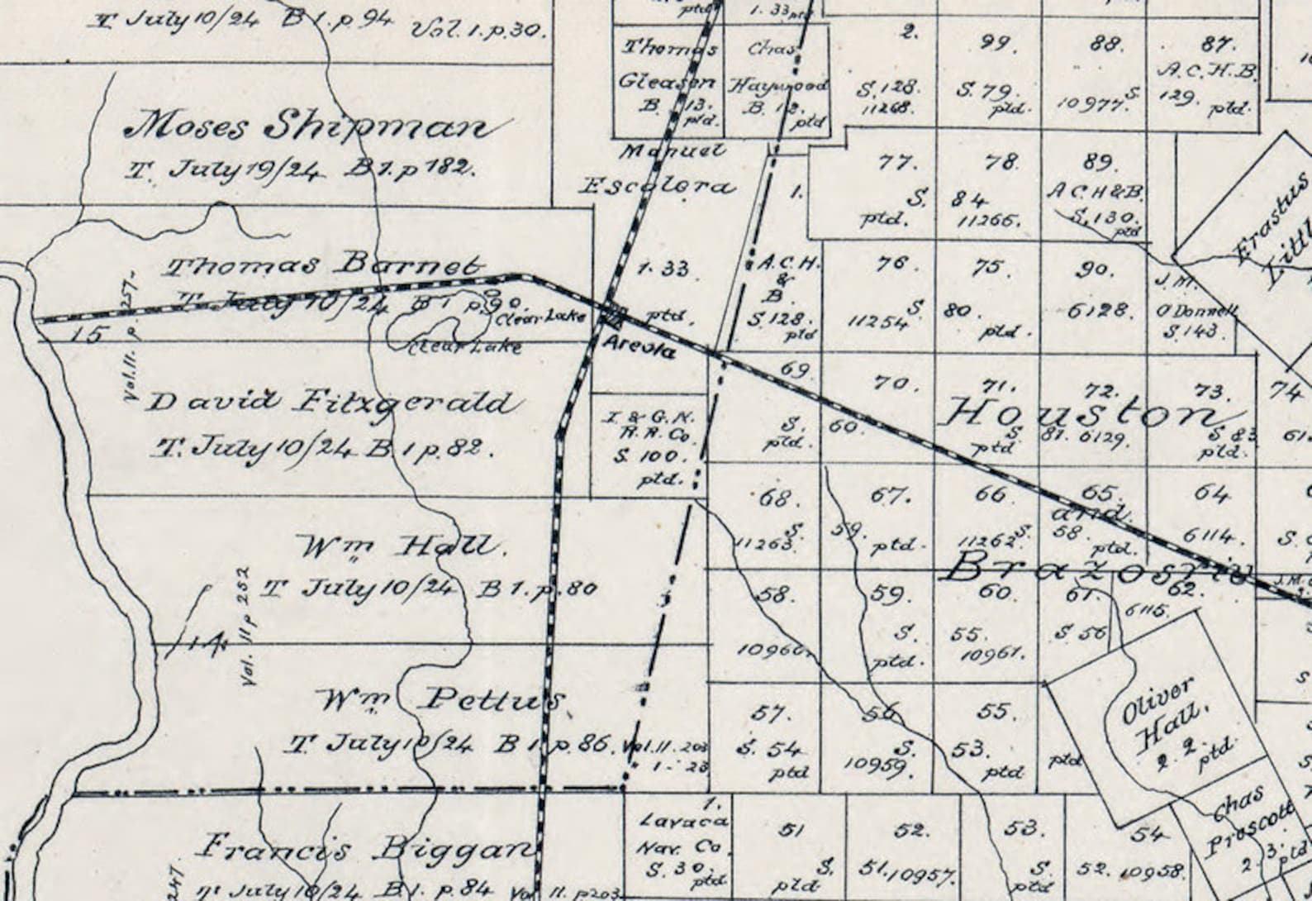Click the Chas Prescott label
[1243, 818]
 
